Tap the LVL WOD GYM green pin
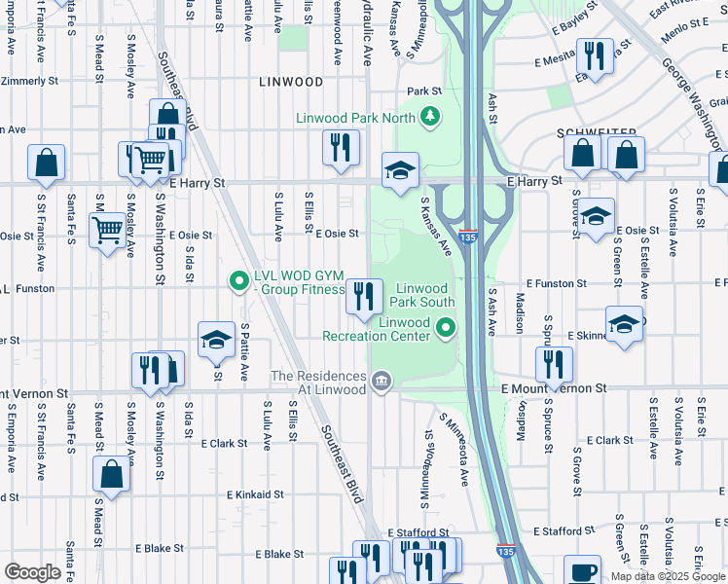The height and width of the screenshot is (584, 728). coord(237,282)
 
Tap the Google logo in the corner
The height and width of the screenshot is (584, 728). coord(32,571)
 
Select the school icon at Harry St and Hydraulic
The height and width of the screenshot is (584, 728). coord(399,170)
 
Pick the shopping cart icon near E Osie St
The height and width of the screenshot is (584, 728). coord(106,231)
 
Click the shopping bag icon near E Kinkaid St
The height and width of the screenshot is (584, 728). coord(111,474)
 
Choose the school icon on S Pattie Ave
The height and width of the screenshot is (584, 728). coord(216,340)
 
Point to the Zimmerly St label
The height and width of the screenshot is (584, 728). coord(33,82)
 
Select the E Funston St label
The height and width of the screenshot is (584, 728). coord(554,283)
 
